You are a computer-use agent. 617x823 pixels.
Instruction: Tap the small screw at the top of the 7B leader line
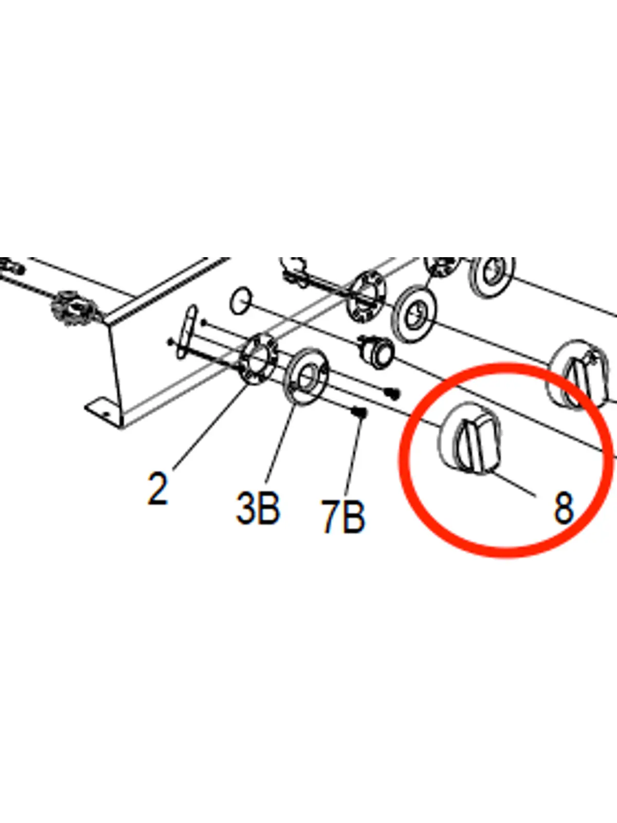pyautogui.click(x=360, y=413)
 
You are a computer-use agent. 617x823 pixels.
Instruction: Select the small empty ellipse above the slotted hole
pyautogui.click(x=241, y=301)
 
